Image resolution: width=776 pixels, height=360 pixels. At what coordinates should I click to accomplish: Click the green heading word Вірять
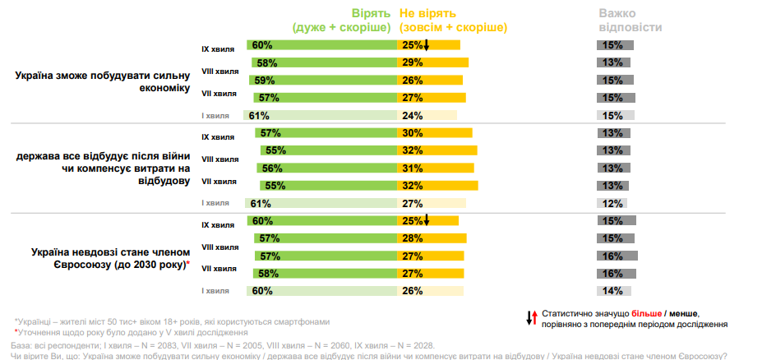click(375, 13)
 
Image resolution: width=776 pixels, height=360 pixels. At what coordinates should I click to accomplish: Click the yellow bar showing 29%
click(432, 62)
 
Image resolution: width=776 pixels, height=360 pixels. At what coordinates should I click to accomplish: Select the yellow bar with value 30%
click(435, 133)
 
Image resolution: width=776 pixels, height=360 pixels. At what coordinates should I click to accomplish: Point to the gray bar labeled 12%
click(611, 203)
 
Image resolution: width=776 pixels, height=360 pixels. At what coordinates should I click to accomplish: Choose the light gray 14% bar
click(612, 291)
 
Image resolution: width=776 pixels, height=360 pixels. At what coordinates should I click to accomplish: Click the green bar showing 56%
click(329, 168)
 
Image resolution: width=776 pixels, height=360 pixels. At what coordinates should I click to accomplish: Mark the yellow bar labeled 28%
click(432, 238)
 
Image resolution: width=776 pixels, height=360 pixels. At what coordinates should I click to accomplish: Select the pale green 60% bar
click(321, 291)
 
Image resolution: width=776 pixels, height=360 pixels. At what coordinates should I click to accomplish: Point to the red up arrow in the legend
click(534, 316)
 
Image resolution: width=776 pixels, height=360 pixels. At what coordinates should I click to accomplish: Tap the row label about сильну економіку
click(102, 81)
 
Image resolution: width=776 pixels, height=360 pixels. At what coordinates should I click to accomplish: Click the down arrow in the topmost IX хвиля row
click(426, 45)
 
